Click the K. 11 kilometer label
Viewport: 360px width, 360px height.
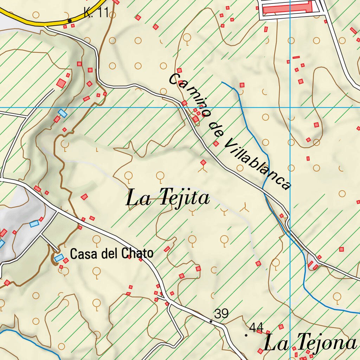coord(96,13)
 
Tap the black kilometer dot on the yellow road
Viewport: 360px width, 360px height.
coord(70,21)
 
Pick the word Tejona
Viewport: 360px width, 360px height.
coord(323,342)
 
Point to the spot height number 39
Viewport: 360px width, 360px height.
coord(221,314)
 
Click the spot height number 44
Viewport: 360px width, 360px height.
coord(256,328)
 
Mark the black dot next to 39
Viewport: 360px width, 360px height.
coord(211,321)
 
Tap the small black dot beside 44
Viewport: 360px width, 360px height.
coord(246,335)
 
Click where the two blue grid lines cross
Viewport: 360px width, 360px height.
coord(290,108)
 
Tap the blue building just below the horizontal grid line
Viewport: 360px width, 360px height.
coord(63,113)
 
